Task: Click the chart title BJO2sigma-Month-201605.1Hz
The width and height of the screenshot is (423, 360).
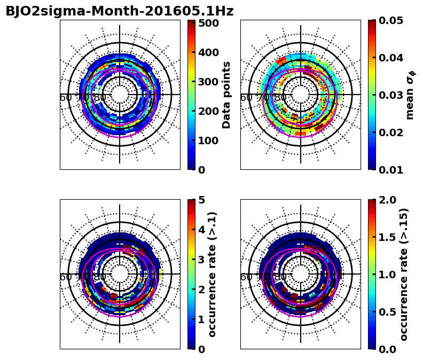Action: pos(119,11)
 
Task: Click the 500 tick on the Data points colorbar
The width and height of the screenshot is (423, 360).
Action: pos(209,23)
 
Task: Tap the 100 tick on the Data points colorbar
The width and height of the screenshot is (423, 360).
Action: pos(209,140)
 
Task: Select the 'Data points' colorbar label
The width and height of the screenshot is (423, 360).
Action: pos(226,95)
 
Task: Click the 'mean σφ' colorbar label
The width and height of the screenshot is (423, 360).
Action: pos(410,95)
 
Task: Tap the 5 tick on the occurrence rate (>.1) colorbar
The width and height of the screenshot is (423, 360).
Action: pos(202,200)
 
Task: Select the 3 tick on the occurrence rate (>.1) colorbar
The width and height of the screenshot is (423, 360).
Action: pos(202,260)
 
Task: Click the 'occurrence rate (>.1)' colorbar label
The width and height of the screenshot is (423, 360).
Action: pos(213,274)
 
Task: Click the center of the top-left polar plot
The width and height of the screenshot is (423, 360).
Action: pos(120,95)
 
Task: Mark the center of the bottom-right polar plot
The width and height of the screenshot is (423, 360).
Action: pos(300,274)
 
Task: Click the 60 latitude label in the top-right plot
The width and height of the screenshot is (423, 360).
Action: pos(246,98)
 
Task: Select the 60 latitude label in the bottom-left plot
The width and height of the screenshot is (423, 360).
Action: pos(66,277)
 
